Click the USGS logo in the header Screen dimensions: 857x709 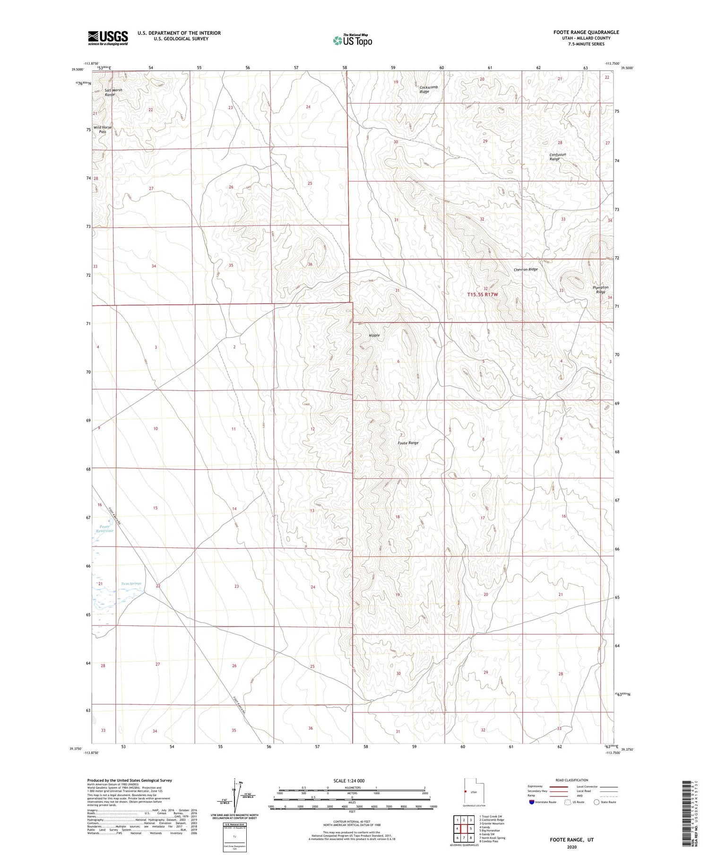pos(108,38)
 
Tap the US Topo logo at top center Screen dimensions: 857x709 pos(353,41)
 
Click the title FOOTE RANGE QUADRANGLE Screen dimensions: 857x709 pos(586,32)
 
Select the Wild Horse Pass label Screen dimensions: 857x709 pos(103,130)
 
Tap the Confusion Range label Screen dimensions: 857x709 pos(557,157)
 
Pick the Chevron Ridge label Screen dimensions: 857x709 pos(526,269)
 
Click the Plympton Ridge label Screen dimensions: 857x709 pos(600,290)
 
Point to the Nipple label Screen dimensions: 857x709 pos(374,335)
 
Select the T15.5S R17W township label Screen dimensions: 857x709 pos(483,294)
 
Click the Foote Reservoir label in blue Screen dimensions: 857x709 pos(104,528)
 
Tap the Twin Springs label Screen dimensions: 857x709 pos(131,583)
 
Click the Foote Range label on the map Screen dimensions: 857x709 pos(408,443)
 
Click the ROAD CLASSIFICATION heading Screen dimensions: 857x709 pos(572,780)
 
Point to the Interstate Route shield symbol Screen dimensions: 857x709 pos(532,802)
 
